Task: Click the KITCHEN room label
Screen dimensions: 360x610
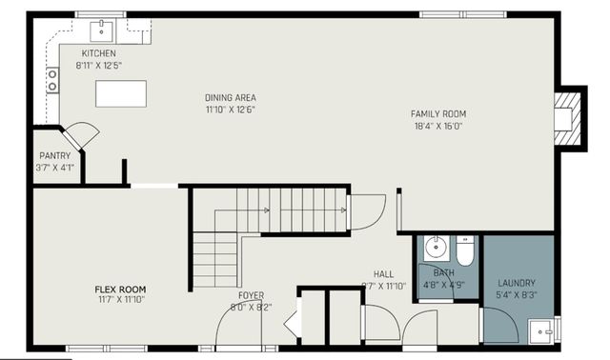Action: tap(99, 53)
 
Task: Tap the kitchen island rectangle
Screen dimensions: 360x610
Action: tap(121, 94)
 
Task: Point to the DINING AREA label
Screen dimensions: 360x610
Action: tap(231, 97)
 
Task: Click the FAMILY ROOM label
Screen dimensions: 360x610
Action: tap(437, 114)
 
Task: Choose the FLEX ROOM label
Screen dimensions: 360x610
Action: tap(119, 289)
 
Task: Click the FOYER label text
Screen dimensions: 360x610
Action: tap(251, 296)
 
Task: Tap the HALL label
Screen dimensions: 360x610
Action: tap(383, 272)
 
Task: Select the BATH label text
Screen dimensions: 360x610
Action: tap(444, 272)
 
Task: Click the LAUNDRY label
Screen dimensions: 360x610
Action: tap(517, 283)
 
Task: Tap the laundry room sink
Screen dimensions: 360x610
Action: tap(545, 333)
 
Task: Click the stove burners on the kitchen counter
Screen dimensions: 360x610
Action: tap(52, 80)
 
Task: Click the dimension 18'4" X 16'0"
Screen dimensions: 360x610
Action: tap(437, 126)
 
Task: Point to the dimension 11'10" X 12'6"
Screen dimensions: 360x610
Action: tap(231, 109)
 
